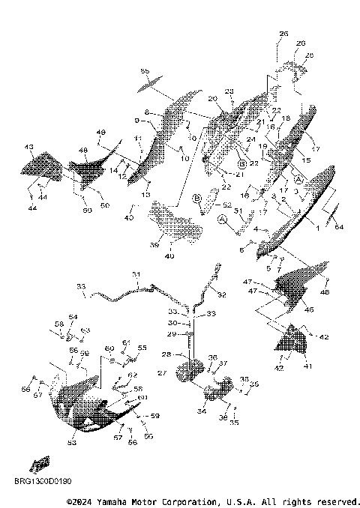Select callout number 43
29,147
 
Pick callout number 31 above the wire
136,274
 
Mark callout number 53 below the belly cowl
73,444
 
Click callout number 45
309,309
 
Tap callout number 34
202,411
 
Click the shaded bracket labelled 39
176,225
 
